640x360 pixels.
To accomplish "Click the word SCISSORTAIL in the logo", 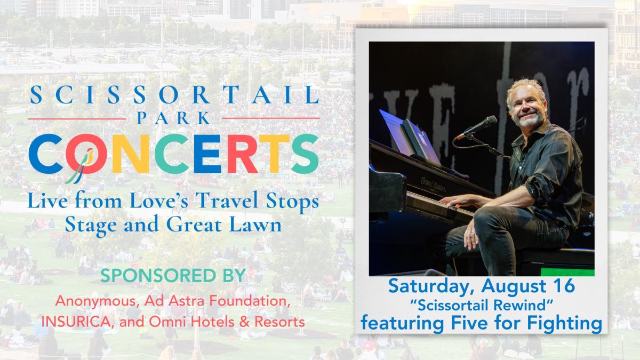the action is tap(174, 94).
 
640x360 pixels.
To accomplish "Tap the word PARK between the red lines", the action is tap(174, 118).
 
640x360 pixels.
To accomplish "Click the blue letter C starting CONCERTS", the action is tap(46, 154).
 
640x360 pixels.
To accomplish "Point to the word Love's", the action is tap(159, 201).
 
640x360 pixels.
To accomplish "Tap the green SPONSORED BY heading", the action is tap(173, 275).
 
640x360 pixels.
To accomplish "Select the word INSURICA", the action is tap(76, 322).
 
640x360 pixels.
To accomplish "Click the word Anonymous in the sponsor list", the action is tap(97, 301).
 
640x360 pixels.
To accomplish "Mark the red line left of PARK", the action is tap(77, 118).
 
